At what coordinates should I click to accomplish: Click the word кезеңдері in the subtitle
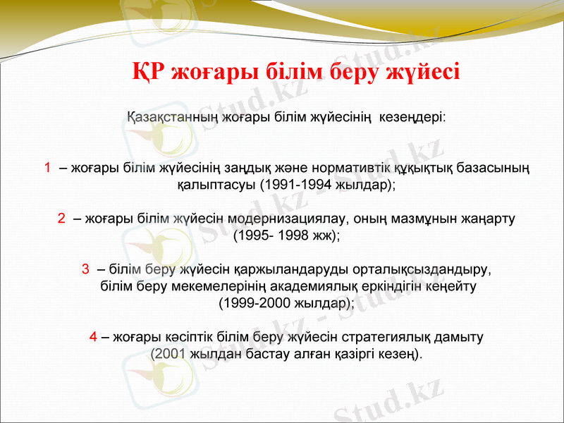point(412,116)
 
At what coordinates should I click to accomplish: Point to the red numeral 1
point(47,168)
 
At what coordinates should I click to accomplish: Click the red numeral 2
point(62,219)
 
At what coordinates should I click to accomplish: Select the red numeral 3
point(85,269)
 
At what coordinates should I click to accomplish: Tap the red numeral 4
point(93,337)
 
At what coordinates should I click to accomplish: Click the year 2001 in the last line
point(169,354)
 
